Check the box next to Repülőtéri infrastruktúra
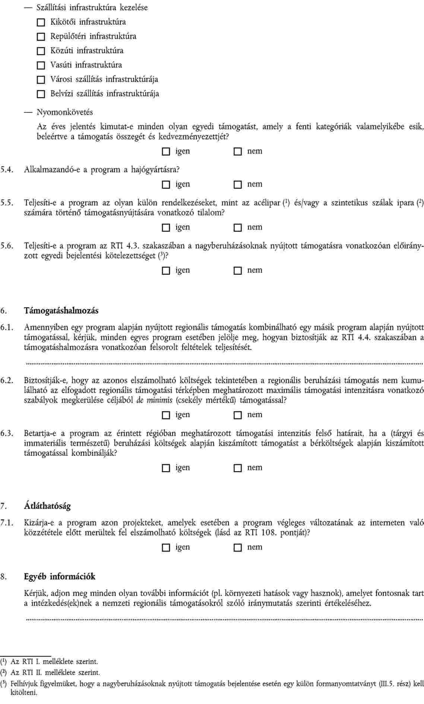pyautogui.click(x=41, y=37)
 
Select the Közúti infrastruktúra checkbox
pyautogui.click(x=41, y=51)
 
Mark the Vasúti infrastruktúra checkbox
pyautogui.click(x=41, y=66)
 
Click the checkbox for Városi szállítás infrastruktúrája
pyautogui.click(x=41, y=80)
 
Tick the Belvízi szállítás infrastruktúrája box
pyautogui.click(x=41, y=94)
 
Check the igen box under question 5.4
pyautogui.click(x=166, y=185)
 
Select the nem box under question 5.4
pyautogui.click(x=237, y=185)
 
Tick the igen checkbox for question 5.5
pyautogui.click(x=166, y=228)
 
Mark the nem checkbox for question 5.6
pyautogui.click(x=237, y=271)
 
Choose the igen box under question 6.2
pyautogui.click(x=166, y=415)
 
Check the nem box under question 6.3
pyautogui.click(x=237, y=468)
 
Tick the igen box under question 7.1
pyautogui.click(x=166, y=548)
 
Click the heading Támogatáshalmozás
pyautogui.click(x=61, y=310)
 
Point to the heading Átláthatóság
pyautogui.click(x=47, y=506)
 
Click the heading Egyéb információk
pyautogui.click(x=60, y=577)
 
